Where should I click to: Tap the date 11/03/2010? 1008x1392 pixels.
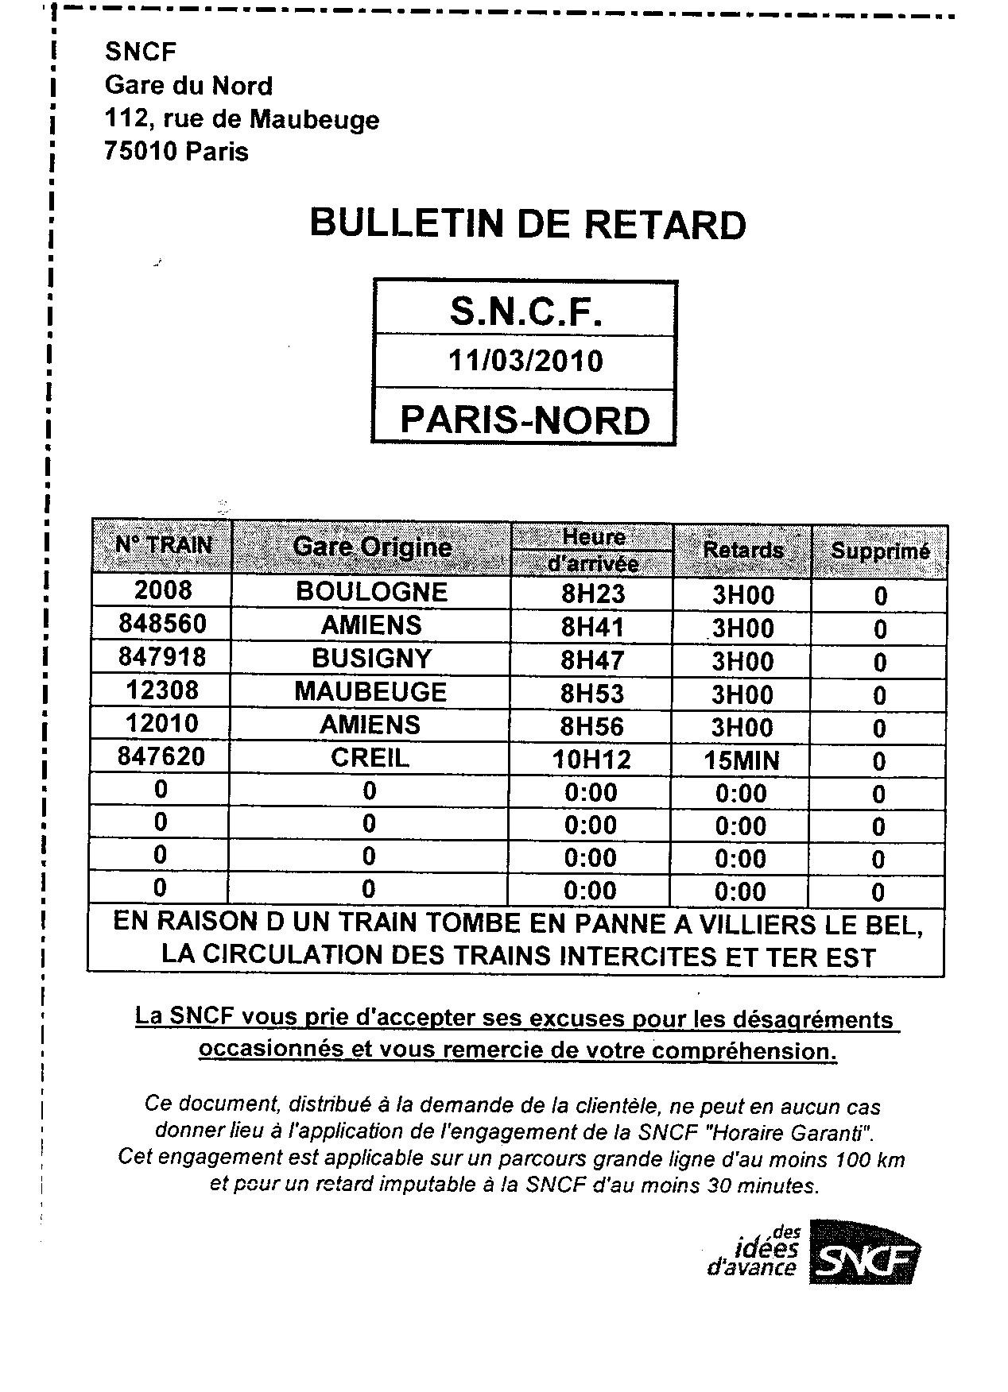tap(525, 361)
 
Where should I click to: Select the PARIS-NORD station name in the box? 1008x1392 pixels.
tap(525, 419)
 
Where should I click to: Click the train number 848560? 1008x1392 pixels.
tap(162, 624)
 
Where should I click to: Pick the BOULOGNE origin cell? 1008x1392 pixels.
tap(371, 591)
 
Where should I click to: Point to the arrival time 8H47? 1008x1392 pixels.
tap(592, 659)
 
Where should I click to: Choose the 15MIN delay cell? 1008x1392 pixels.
tap(741, 760)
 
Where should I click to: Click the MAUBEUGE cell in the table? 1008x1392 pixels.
tap(370, 691)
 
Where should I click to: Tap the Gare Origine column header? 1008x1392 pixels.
tap(371, 547)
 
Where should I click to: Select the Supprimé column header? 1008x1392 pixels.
tap(879, 551)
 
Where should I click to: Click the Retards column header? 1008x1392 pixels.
tap(742, 550)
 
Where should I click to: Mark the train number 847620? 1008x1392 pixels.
tap(161, 756)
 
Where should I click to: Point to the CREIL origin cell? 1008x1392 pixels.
tap(370, 757)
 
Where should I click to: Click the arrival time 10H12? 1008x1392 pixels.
tap(591, 760)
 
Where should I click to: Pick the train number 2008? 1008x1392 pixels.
tap(162, 590)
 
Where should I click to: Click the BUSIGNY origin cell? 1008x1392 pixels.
tap(371, 658)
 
